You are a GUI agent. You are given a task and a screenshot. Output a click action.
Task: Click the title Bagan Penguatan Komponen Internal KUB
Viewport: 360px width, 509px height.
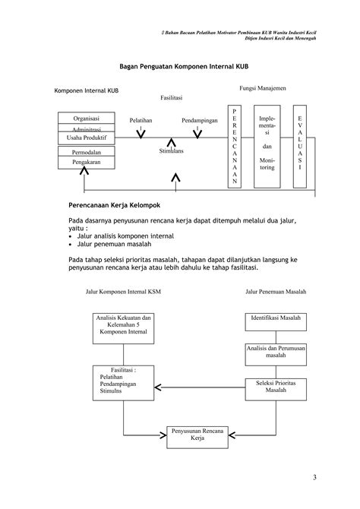[178, 67]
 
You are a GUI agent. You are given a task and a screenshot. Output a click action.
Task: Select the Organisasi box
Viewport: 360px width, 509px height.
[86, 119]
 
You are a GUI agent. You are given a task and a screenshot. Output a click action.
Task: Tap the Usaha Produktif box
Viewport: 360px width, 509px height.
[86, 138]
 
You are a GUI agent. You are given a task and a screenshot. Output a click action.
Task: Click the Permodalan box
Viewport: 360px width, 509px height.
[86, 153]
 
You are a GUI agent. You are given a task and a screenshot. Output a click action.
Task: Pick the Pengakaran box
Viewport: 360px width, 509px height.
[86, 163]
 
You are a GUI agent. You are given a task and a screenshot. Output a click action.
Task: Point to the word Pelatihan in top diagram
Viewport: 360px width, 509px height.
[141, 121]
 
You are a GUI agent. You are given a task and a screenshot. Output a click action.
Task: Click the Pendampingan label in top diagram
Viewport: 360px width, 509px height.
[199, 121]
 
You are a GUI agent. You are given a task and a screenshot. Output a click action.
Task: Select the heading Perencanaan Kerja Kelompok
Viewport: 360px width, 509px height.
[114, 205]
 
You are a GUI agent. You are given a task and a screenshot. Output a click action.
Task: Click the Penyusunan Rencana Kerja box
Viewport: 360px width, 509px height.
[199, 435]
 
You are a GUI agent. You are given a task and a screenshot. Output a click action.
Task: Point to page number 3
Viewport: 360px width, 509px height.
[314, 476]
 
